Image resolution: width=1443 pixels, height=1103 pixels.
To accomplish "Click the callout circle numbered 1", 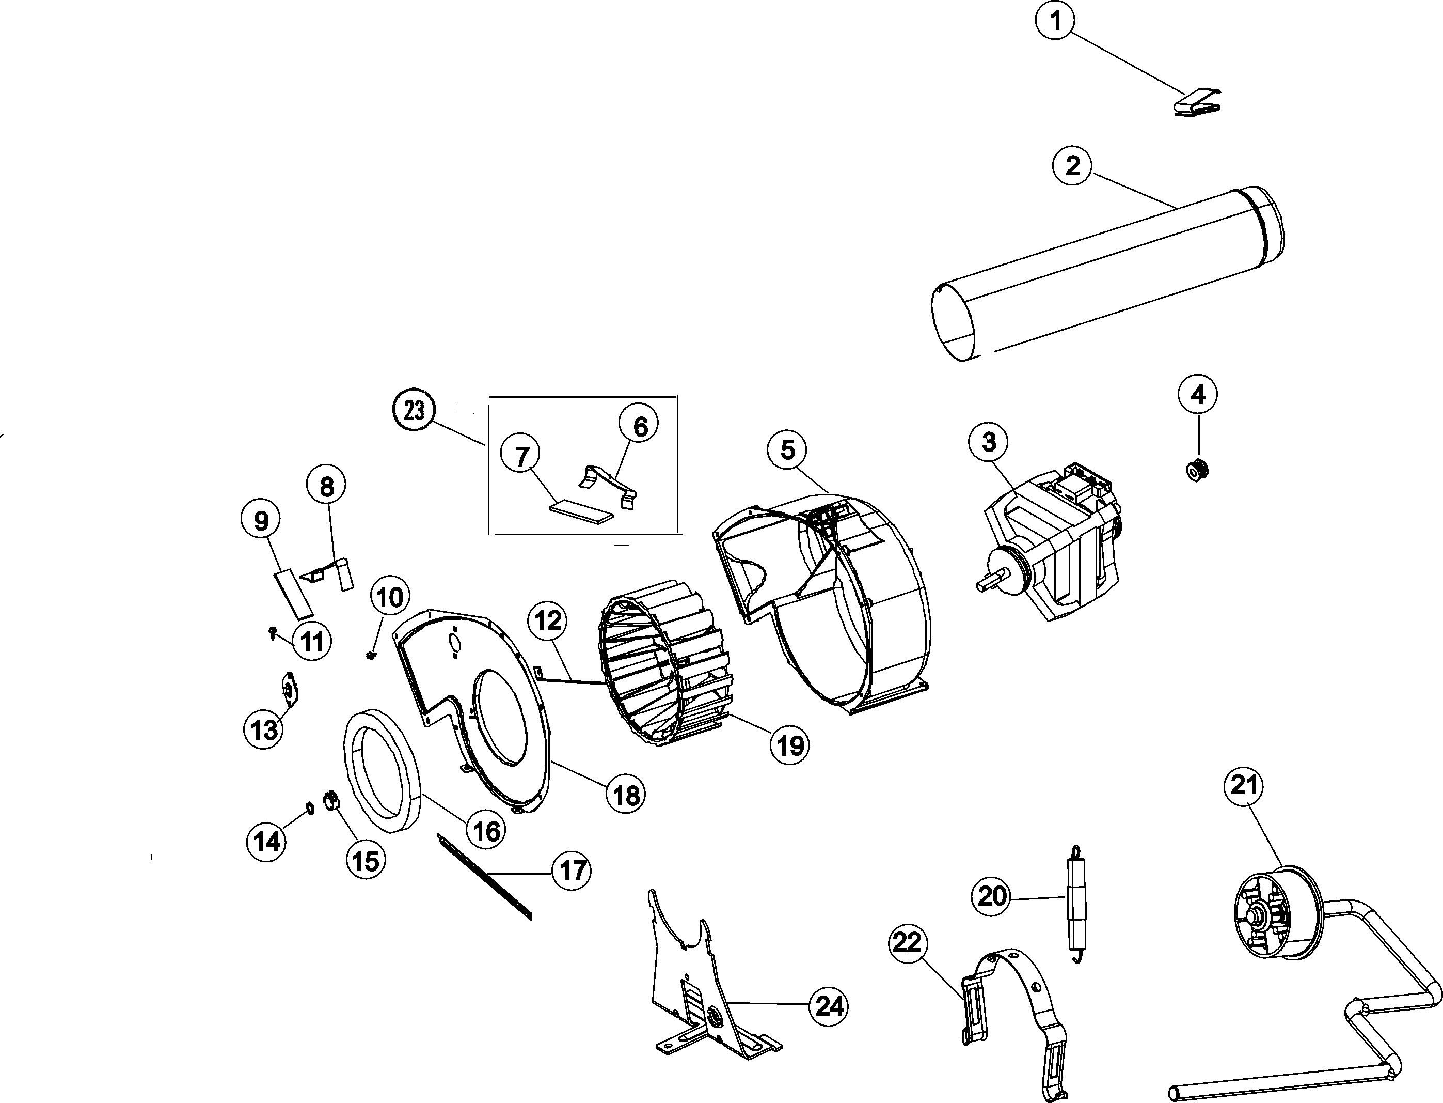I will click(1055, 22).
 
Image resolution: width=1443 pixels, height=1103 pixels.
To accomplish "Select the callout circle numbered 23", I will click(414, 410).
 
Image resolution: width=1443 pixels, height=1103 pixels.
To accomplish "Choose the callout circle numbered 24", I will click(828, 1006).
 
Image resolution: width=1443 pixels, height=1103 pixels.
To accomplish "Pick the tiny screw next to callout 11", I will click(272, 632).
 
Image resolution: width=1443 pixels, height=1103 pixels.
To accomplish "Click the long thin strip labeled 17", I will click(484, 877).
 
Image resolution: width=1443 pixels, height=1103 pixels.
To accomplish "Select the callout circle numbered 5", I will click(787, 450).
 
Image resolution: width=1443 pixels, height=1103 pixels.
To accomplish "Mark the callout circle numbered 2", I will click(1072, 165).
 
